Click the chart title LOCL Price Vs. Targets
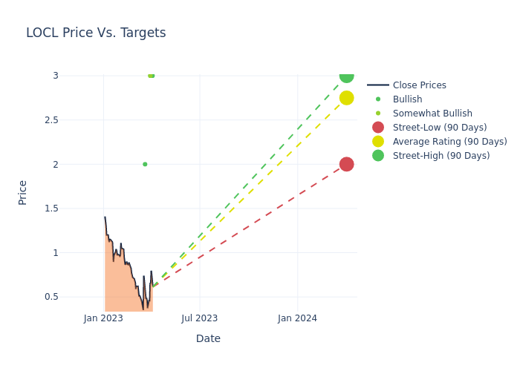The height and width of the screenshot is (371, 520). click(x=96, y=33)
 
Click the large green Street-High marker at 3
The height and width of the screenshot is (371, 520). click(x=346, y=76)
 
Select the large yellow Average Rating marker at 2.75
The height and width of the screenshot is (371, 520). click(x=346, y=98)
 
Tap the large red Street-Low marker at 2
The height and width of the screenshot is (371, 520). click(x=346, y=164)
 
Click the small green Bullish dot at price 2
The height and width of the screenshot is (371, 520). click(x=145, y=164)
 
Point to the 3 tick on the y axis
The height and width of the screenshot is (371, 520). click(x=55, y=76)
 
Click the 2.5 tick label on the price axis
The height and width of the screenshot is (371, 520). click(x=51, y=119)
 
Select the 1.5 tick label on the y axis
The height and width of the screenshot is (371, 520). click(x=51, y=209)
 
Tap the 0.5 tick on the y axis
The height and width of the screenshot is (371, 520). click(x=51, y=297)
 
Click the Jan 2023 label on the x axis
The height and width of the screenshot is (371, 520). click(x=103, y=318)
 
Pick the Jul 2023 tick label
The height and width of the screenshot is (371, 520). click(x=200, y=318)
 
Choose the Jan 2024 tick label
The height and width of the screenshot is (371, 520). click(x=297, y=318)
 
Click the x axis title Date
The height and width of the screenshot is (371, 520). click(x=208, y=338)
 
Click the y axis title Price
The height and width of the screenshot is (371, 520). click(x=22, y=192)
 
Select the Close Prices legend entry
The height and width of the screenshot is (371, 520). click(x=419, y=85)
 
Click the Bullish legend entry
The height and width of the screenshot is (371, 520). click(x=407, y=99)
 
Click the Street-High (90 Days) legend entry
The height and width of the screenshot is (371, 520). click(x=441, y=156)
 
